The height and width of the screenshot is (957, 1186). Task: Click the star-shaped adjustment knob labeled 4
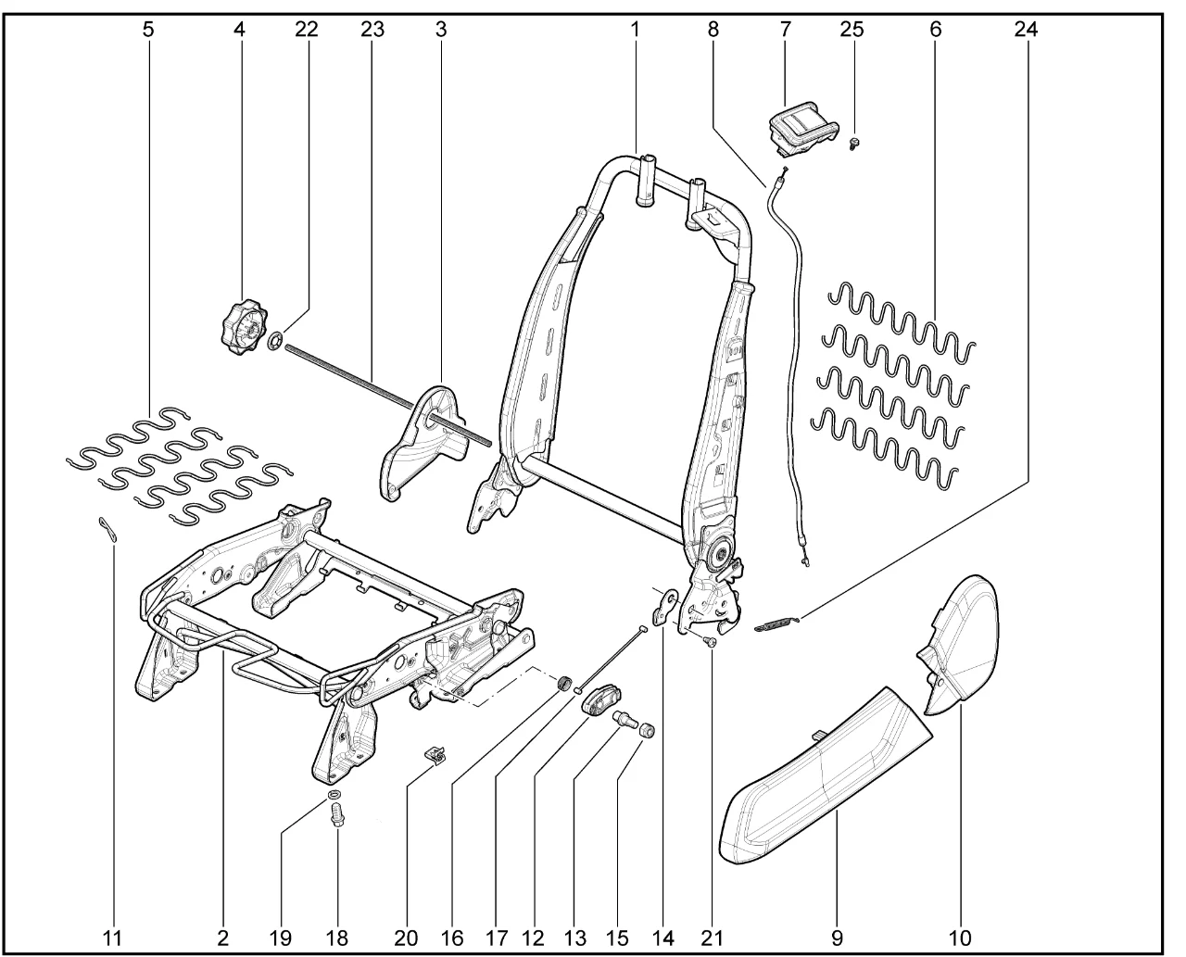point(244,330)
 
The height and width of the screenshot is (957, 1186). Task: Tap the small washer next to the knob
point(275,341)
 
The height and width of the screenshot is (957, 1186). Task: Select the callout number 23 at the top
point(372,29)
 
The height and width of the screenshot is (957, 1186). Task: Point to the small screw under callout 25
point(852,145)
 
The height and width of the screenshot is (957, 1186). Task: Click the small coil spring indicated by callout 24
point(776,623)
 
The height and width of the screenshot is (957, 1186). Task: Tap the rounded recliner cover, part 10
point(959,646)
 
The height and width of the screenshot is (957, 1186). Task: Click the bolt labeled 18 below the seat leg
point(335,815)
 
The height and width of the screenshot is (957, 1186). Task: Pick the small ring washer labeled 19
point(335,793)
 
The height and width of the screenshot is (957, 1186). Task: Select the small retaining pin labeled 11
point(108,528)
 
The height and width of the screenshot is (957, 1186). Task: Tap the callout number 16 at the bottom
point(451,938)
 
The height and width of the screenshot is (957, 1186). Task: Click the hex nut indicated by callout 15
point(647,729)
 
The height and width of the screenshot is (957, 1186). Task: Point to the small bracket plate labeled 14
point(664,609)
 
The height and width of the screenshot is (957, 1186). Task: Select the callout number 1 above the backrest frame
point(635,29)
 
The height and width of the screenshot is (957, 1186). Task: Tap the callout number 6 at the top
point(936,29)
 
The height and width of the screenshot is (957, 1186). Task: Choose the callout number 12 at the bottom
point(533,938)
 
